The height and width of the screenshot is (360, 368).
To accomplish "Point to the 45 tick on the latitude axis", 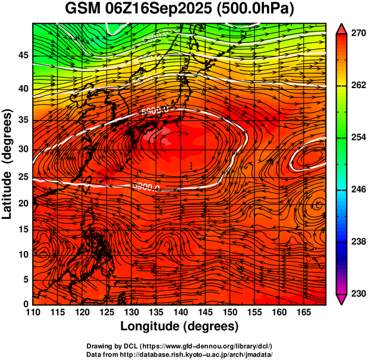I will coord(23,56).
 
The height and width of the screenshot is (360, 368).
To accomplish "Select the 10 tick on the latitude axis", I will coord(23,254).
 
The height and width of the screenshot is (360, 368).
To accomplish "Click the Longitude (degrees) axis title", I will coord(180,327).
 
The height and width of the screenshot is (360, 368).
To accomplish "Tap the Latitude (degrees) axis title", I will coord(8,164).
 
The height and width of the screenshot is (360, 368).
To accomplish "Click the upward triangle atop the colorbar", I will coord(342,28).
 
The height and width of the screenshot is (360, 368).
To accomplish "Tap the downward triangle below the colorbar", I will coord(342,299).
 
